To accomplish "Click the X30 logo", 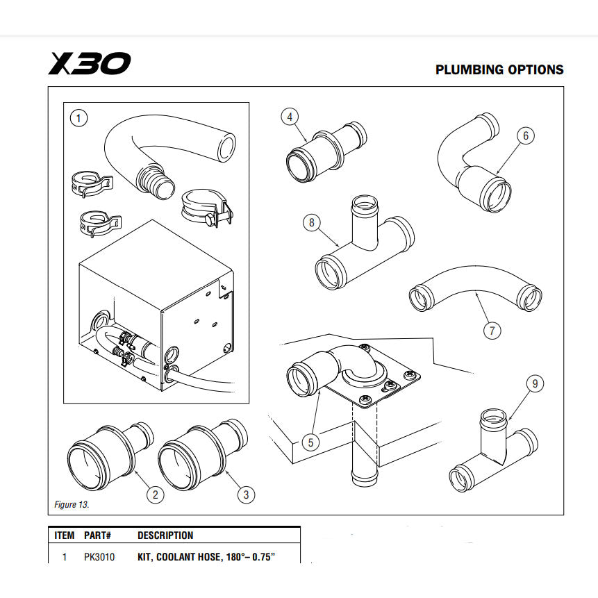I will tap(88, 64).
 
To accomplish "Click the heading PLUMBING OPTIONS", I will tap(499, 70).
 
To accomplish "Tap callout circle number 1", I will tap(80, 118).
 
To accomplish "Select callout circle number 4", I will tap(290, 117).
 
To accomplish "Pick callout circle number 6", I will tap(525, 135).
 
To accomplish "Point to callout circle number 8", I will tap(312, 222).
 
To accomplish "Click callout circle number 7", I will tap(492, 330).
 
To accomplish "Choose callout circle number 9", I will tap(534, 383).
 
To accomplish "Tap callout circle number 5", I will tap(312, 442).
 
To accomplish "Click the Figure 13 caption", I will tap(72, 504).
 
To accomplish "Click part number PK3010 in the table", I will tap(99, 556).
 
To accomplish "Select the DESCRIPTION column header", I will tap(165, 535).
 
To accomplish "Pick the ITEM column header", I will tap(65, 535).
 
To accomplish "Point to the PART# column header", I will tap(98, 535).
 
